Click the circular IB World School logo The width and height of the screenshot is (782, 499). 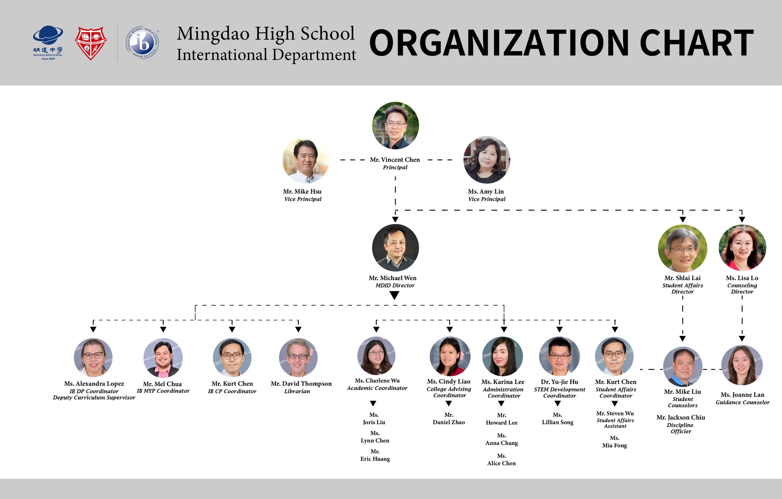click(142, 43)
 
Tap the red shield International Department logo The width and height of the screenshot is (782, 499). click(91, 43)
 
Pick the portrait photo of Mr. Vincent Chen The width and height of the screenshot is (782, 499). click(395, 126)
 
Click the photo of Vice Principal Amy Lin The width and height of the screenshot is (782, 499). click(486, 160)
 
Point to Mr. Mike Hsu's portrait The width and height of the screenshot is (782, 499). click(305, 160)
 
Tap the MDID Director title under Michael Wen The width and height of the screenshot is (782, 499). click(395, 286)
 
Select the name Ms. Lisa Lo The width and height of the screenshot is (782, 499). click(742, 278)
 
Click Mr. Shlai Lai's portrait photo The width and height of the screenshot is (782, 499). click(682, 248)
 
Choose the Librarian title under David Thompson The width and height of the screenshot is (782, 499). click(297, 391)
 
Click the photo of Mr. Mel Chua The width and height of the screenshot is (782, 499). click(163, 358)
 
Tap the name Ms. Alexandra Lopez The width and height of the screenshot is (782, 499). click(94, 384)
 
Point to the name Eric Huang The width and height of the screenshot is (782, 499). click(375, 459)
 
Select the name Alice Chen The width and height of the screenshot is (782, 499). click(501, 463)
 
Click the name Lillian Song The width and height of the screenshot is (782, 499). click(558, 422)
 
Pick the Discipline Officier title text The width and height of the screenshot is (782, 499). click(681, 428)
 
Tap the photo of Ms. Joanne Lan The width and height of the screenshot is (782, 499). click(742, 365)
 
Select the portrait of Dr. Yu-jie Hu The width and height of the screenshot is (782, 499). click(559, 356)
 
